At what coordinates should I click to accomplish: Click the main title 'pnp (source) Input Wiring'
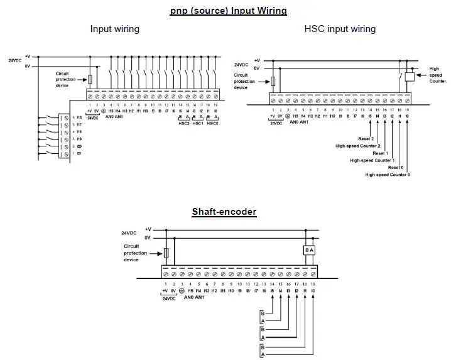228,11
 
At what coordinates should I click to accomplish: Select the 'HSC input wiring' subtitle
340,29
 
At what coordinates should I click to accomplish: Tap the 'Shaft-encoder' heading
224,212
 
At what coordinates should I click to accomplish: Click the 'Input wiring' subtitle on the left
114,29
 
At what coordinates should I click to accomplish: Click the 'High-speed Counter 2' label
358,146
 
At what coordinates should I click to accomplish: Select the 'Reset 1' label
381,153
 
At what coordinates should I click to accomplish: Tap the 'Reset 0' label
396,168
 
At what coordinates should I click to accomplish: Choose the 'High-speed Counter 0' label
388,175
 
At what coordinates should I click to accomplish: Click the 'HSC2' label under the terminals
183,123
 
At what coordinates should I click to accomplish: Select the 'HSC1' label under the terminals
198,123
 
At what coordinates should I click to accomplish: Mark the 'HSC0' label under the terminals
213,123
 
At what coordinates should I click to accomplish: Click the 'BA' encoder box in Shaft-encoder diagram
308,249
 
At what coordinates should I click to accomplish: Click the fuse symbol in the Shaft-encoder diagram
166,253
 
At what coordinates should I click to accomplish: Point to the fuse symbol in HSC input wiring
273,80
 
